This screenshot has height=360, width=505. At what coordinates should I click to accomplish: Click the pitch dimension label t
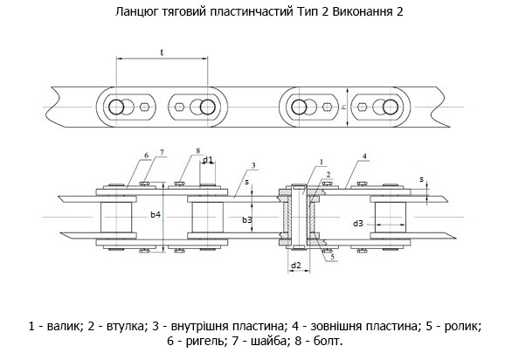pos(162,52)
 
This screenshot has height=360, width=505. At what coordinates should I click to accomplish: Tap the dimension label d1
pos(208,159)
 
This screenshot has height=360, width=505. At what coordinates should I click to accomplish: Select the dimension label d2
pos(296,266)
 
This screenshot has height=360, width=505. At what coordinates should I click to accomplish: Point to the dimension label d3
pos(358,223)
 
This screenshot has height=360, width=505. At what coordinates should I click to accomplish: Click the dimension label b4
pos(156,214)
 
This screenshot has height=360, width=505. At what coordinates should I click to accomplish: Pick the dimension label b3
pos(247,219)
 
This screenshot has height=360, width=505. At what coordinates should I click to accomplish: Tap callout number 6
pos(147,156)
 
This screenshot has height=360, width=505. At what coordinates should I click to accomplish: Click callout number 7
pos(162,152)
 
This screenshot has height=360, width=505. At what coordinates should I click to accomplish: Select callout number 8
pos(197,150)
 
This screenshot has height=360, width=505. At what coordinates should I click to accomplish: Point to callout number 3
pos(253,165)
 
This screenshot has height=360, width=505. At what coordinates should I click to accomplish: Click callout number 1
pos(322,162)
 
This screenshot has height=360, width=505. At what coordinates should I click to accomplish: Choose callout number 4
pos(364,156)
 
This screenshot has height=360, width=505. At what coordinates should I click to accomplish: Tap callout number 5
pos(332,257)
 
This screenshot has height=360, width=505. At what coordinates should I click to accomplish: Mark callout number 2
pos(329,175)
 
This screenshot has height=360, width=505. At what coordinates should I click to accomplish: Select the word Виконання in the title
pos(362,11)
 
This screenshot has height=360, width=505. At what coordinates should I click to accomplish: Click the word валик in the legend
pos(63,327)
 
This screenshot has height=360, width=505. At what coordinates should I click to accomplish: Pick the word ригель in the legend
pos(204,341)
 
